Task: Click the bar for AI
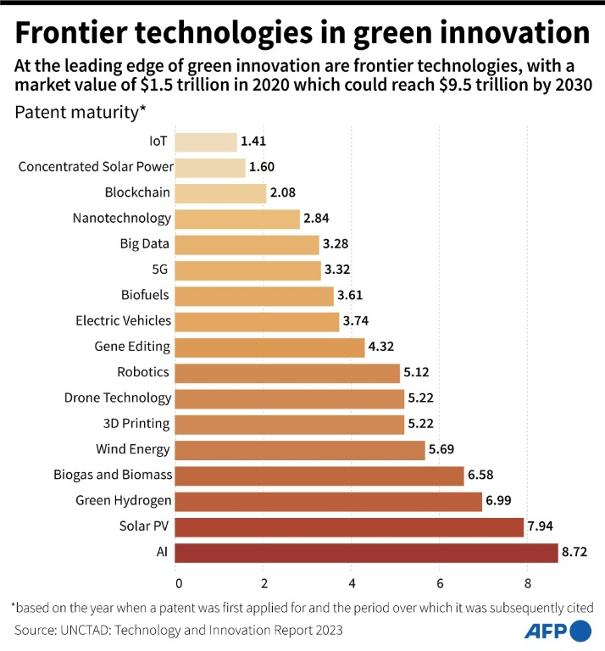click(x=368, y=553)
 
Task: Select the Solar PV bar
click(x=351, y=527)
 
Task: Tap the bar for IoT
click(x=207, y=142)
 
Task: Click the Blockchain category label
click(x=137, y=192)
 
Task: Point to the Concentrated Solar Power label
click(x=96, y=167)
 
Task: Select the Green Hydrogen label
click(x=124, y=501)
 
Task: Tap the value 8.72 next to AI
click(x=580, y=553)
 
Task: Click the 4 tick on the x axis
click(x=352, y=583)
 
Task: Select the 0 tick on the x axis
click(x=178, y=583)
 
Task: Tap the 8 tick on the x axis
click(x=527, y=583)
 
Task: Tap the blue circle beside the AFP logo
click(x=580, y=631)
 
